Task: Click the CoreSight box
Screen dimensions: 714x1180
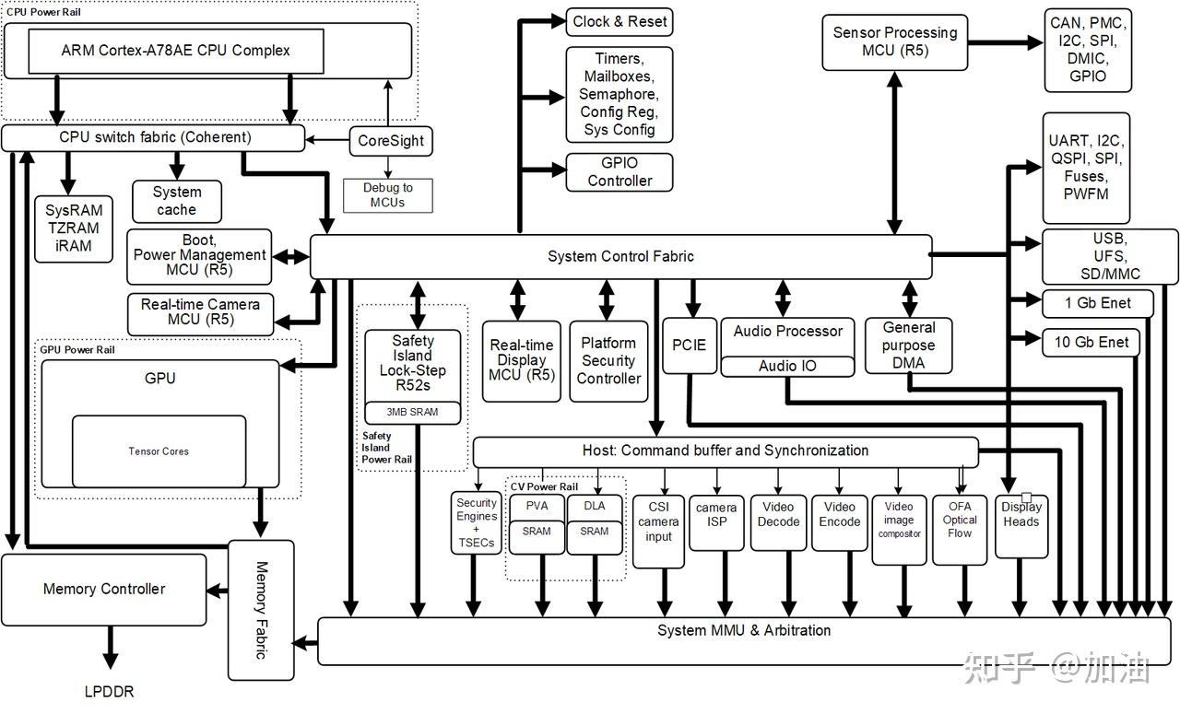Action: pos(392,141)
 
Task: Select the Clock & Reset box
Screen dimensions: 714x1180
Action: pos(619,21)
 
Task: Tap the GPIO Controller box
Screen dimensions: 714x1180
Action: pos(619,172)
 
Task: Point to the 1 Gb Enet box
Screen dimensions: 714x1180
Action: pos(1091,303)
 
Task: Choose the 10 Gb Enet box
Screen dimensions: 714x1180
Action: pos(1091,343)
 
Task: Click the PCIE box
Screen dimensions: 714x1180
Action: pos(688,345)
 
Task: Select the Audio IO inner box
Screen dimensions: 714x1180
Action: pos(787,366)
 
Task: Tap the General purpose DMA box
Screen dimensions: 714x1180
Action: pos(908,345)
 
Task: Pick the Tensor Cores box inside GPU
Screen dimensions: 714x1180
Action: pos(159,451)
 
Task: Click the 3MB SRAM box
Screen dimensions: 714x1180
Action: pos(412,413)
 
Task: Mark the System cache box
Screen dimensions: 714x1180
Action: pos(176,201)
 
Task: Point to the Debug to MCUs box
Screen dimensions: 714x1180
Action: pos(387,194)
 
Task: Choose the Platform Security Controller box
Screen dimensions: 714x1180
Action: pos(608,360)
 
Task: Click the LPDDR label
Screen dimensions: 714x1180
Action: pos(110,690)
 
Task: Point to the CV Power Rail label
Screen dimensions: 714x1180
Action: pos(544,486)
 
